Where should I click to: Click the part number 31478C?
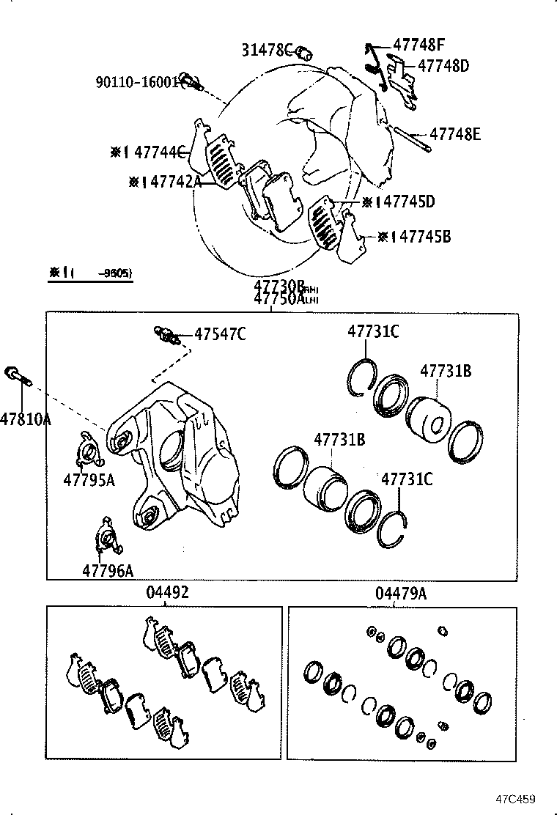(x=267, y=50)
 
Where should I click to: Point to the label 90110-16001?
(x=137, y=81)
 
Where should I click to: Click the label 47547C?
(x=220, y=334)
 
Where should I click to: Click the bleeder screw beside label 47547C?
(x=166, y=336)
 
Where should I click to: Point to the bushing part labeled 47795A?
(x=88, y=451)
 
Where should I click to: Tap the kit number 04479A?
(x=400, y=593)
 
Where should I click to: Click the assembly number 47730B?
(x=279, y=287)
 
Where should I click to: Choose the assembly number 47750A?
(x=279, y=299)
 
